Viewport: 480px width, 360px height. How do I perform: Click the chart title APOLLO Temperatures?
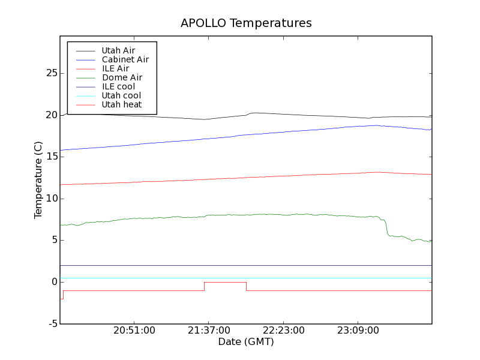(x=246, y=23)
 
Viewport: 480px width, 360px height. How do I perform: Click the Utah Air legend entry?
(x=118, y=50)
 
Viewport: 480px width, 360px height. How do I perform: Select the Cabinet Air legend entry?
(x=125, y=59)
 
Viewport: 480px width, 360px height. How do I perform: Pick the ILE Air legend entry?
(x=115, y=68)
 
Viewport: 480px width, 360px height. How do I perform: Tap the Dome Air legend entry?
(x=122, y=77)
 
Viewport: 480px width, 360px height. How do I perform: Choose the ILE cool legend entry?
(x=118, y=86)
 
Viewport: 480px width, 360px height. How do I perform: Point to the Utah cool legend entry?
(x=121, y=95)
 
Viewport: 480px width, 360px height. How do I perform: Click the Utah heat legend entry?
(x=122, y=104)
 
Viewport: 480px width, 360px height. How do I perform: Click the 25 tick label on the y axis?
(x=51, y=73)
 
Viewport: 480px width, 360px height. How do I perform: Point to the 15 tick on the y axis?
(x=51, y=157)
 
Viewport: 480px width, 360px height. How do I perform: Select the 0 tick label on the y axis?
(x=54, y=282)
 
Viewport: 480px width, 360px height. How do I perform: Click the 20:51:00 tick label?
(x=134, y=331)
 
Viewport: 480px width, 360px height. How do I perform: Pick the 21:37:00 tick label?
(x=209, y=331)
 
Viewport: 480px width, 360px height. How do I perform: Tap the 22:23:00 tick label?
(x=283, y=331)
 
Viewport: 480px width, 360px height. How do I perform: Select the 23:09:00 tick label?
(x=358, y=331)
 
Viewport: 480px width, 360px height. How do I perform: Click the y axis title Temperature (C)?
(x=38, y=180)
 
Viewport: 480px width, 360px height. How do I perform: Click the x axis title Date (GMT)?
(x=246, y=342)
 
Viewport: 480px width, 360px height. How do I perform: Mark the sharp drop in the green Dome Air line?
(x=386, y=226)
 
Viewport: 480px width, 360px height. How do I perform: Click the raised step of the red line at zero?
(x=225, y=282)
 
